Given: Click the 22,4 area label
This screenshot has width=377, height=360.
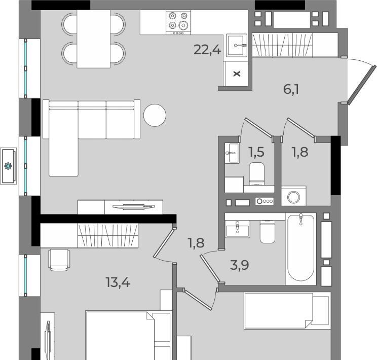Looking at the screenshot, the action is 207,50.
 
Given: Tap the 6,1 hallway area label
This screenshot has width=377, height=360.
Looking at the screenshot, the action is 291,90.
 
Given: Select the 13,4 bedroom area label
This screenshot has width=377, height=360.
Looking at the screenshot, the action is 118,282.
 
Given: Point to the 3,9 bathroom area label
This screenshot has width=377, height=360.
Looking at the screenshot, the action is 239,265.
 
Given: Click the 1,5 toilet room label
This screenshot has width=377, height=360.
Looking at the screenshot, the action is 256,152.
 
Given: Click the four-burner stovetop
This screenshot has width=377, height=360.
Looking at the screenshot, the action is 178,22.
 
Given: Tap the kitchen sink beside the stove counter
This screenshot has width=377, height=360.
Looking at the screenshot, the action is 237,45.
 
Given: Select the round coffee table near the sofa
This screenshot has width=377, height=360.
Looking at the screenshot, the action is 155,115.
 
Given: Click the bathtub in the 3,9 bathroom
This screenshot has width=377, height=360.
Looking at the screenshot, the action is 301,248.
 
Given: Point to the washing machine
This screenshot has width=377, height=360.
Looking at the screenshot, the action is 293,196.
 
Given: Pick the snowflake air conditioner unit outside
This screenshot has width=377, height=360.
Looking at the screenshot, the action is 9,166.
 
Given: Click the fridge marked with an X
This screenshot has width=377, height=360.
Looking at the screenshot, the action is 237,74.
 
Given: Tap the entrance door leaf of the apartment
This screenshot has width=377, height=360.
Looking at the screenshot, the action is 361,85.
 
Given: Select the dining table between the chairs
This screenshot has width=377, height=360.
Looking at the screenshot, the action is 94,39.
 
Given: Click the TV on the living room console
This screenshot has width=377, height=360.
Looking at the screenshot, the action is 134,206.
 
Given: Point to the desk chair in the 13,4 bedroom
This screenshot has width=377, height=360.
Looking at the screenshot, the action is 59,260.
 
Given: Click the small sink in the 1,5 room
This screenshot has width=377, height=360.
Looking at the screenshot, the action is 232,153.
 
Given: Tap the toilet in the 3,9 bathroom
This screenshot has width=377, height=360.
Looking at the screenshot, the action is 268,232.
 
